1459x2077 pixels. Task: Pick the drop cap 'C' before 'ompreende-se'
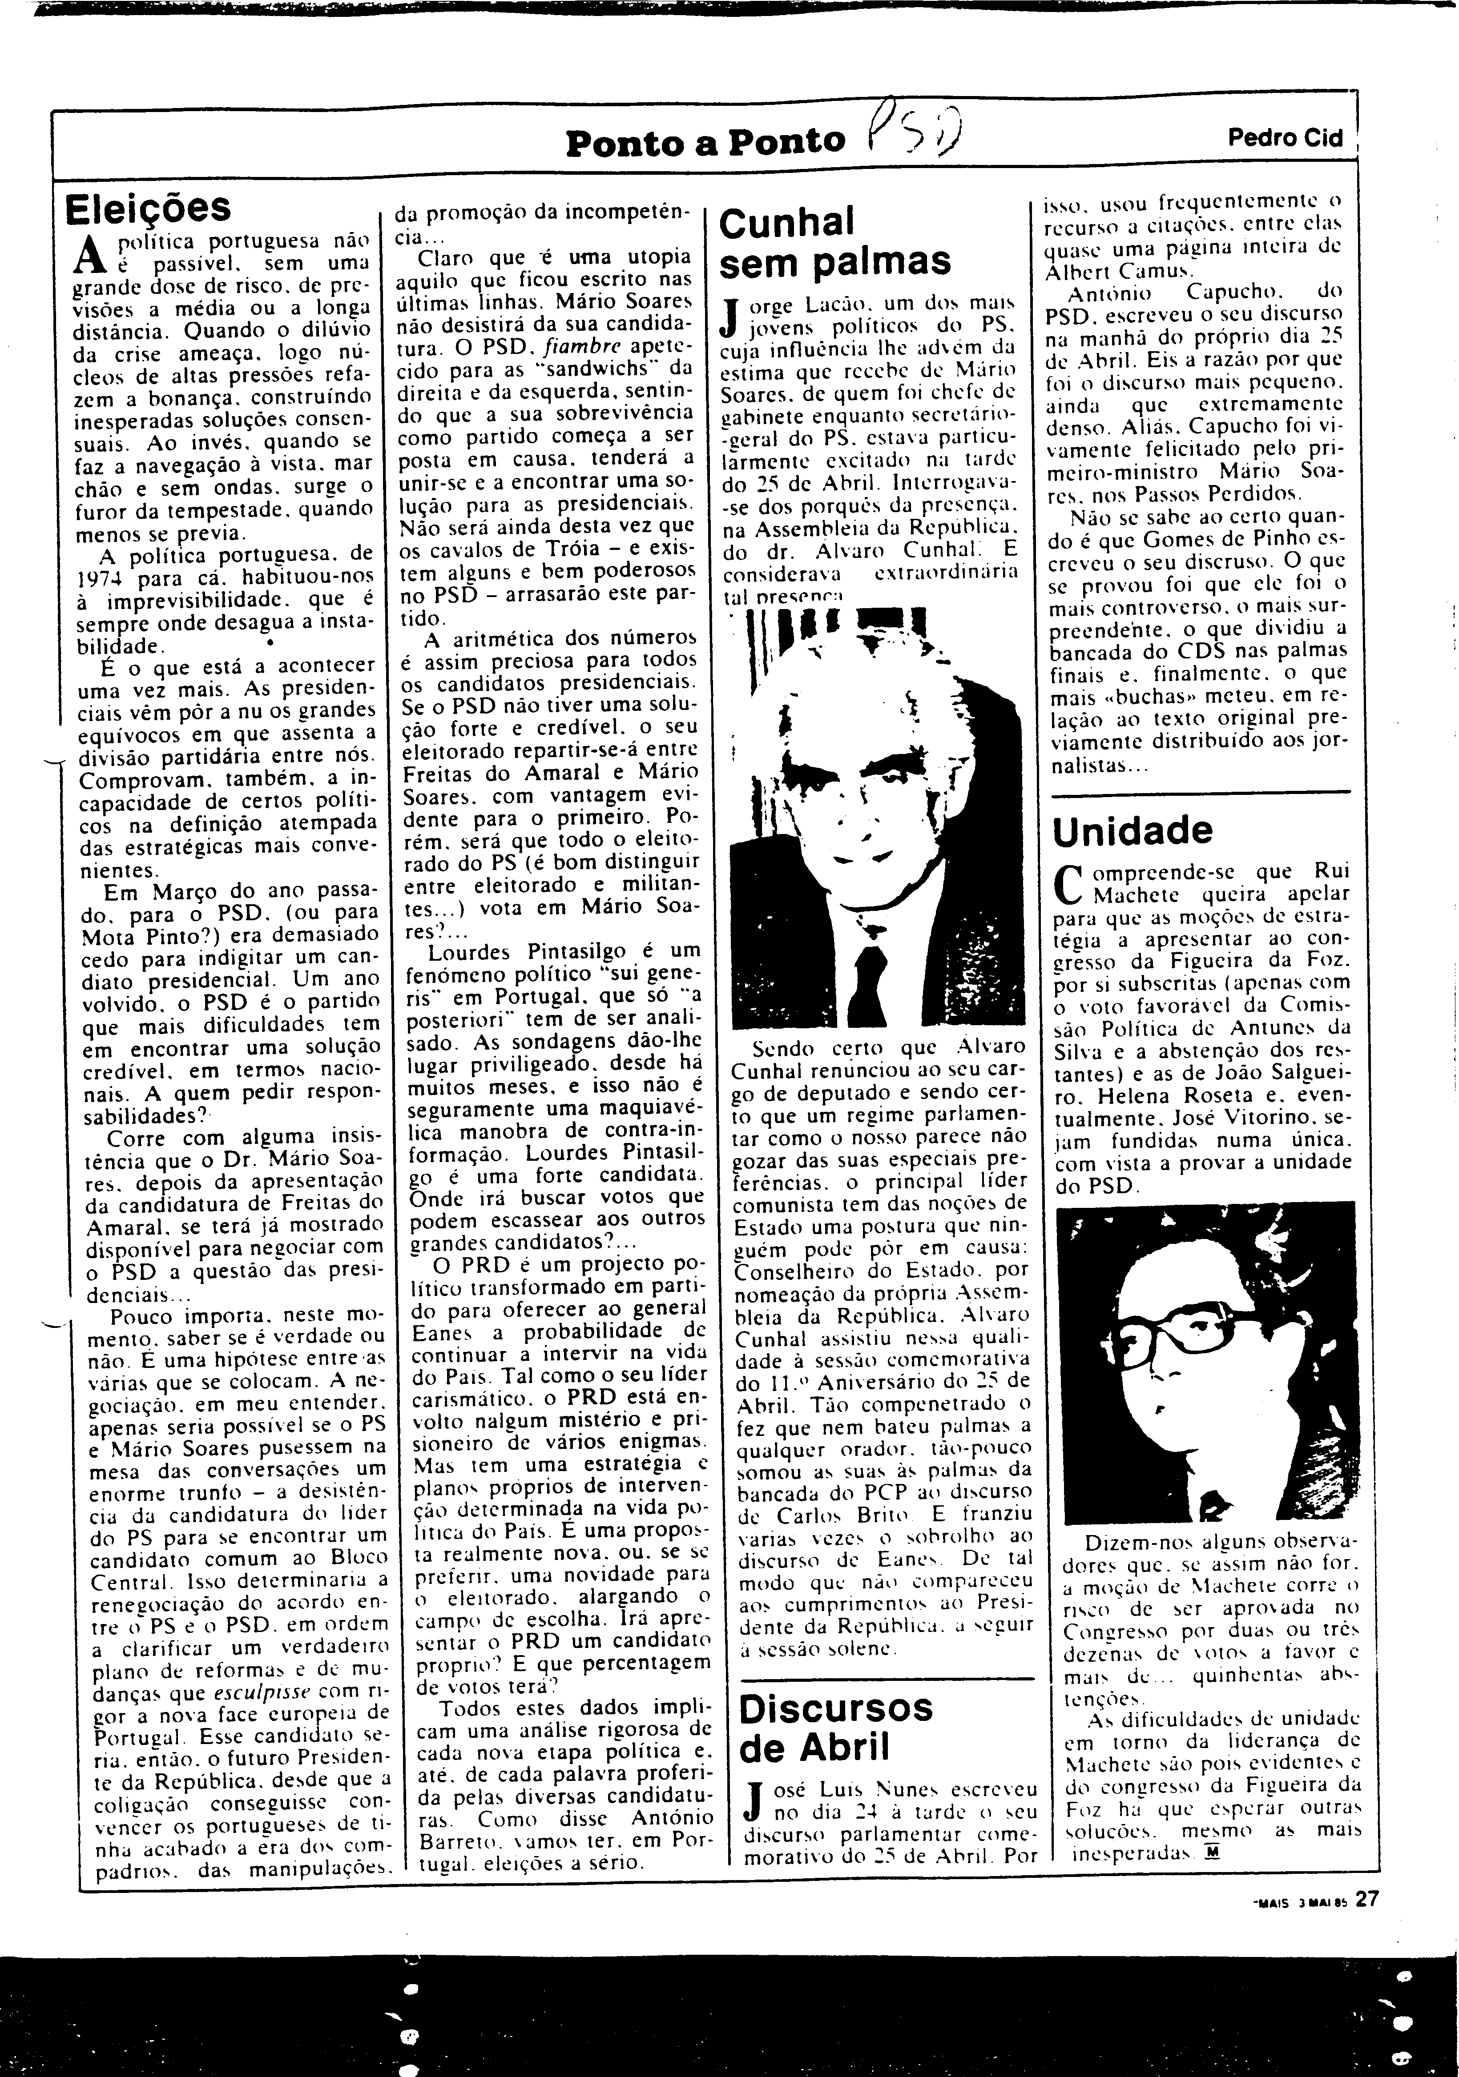pos(1069,883)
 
